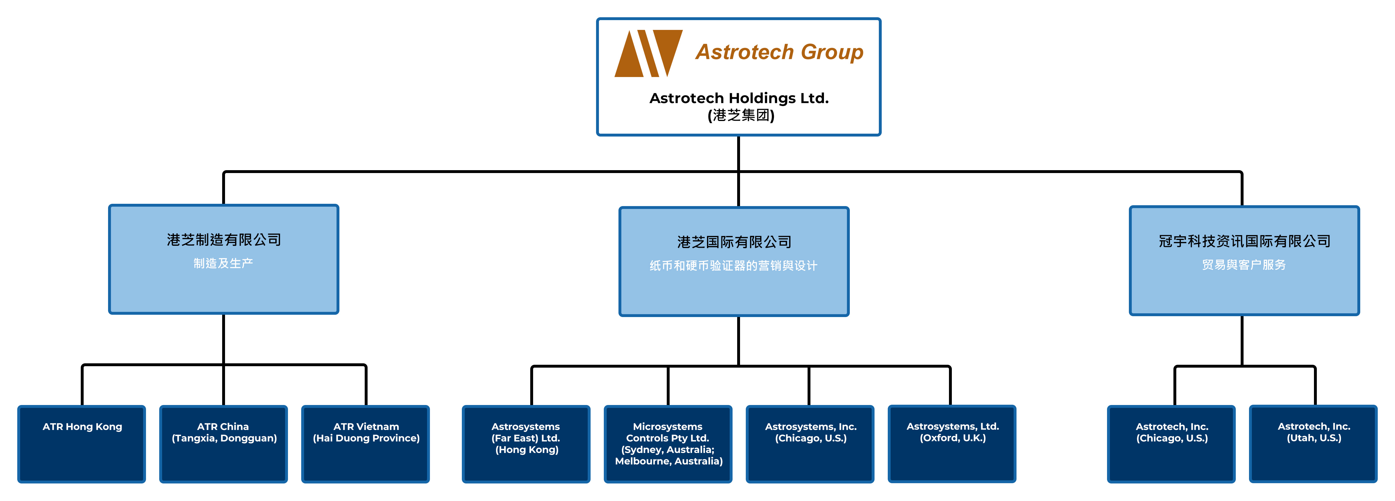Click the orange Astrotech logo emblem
(x=648, y=53)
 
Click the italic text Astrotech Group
(x=779, y=52)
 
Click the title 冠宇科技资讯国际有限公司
(x=1244, y=241)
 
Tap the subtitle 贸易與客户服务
(x=1244, y=264)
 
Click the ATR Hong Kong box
(x=82, y=444)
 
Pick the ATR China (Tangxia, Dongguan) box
(x=224, y=444)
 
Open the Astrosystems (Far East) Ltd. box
(x=526, y=444)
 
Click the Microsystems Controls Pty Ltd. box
(x=668, y=444)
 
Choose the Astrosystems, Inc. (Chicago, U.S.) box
(x=810, y=444)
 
